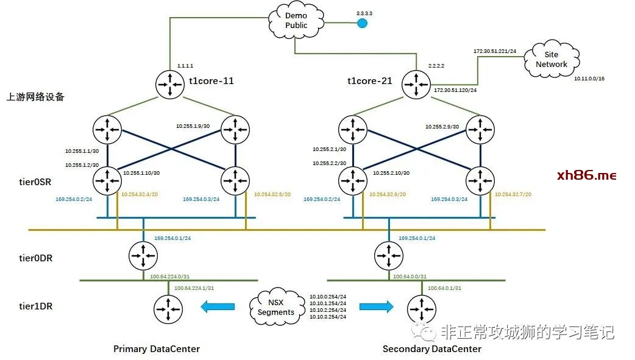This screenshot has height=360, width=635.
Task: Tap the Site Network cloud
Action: (551, 60)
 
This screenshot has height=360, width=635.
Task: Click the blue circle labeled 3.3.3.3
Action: (362, 23)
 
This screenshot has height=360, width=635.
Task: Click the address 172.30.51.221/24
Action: (495, 51)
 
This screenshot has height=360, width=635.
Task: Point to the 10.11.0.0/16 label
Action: (589, 79)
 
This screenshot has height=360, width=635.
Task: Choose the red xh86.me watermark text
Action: (587, 175)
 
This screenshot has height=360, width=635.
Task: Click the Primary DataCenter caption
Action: (157, 349)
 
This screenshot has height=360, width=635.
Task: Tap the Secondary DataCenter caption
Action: (431, 349)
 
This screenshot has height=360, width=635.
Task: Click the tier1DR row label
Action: (35, 306)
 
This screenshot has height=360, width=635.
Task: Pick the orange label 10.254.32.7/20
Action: (513, 194)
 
